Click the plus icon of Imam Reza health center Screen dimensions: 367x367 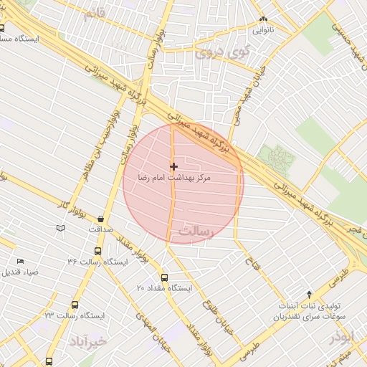173,166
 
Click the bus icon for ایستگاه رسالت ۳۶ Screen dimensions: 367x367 97,252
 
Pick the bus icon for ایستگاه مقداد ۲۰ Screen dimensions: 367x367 164,277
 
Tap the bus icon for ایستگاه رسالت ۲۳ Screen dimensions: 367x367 75,305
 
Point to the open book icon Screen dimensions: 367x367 60,228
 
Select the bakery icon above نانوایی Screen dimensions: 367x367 263,19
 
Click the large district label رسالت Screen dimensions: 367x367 197,232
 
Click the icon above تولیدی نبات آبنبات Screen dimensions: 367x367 309,293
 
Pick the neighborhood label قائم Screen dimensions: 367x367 98,14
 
